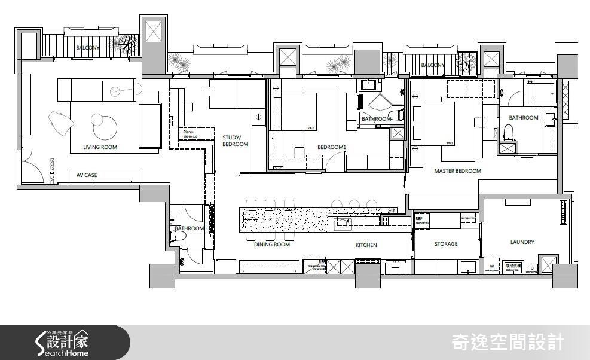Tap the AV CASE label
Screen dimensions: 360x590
87,175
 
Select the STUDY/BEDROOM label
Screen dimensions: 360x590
235,140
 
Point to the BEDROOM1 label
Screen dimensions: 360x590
332,147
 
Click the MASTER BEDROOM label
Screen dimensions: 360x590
457,171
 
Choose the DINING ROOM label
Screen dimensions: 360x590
272,245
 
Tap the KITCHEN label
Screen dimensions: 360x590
366,245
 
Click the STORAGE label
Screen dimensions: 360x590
446,244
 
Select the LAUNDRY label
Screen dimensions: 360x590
522,242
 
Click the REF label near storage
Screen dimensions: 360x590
418,219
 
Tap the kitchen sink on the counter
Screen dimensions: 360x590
343,224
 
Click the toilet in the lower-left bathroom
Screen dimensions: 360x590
181,237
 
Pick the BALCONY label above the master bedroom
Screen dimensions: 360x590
432,65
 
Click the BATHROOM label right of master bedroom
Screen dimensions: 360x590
524,118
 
